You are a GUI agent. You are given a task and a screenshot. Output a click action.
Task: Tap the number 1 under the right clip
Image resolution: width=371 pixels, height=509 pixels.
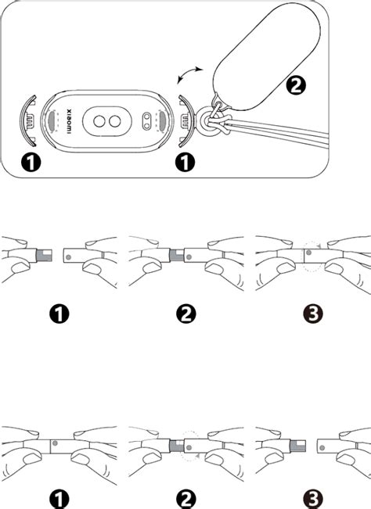click(x=184, y=163)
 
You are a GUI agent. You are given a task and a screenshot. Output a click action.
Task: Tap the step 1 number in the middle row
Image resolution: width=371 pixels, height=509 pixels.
click(x=59, y=314)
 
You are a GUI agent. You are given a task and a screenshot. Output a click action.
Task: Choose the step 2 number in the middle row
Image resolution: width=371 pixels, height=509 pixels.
click(x=185, y=314)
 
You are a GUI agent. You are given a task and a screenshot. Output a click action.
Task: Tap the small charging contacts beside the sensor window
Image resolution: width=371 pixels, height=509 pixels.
click(x=148, y=121)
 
